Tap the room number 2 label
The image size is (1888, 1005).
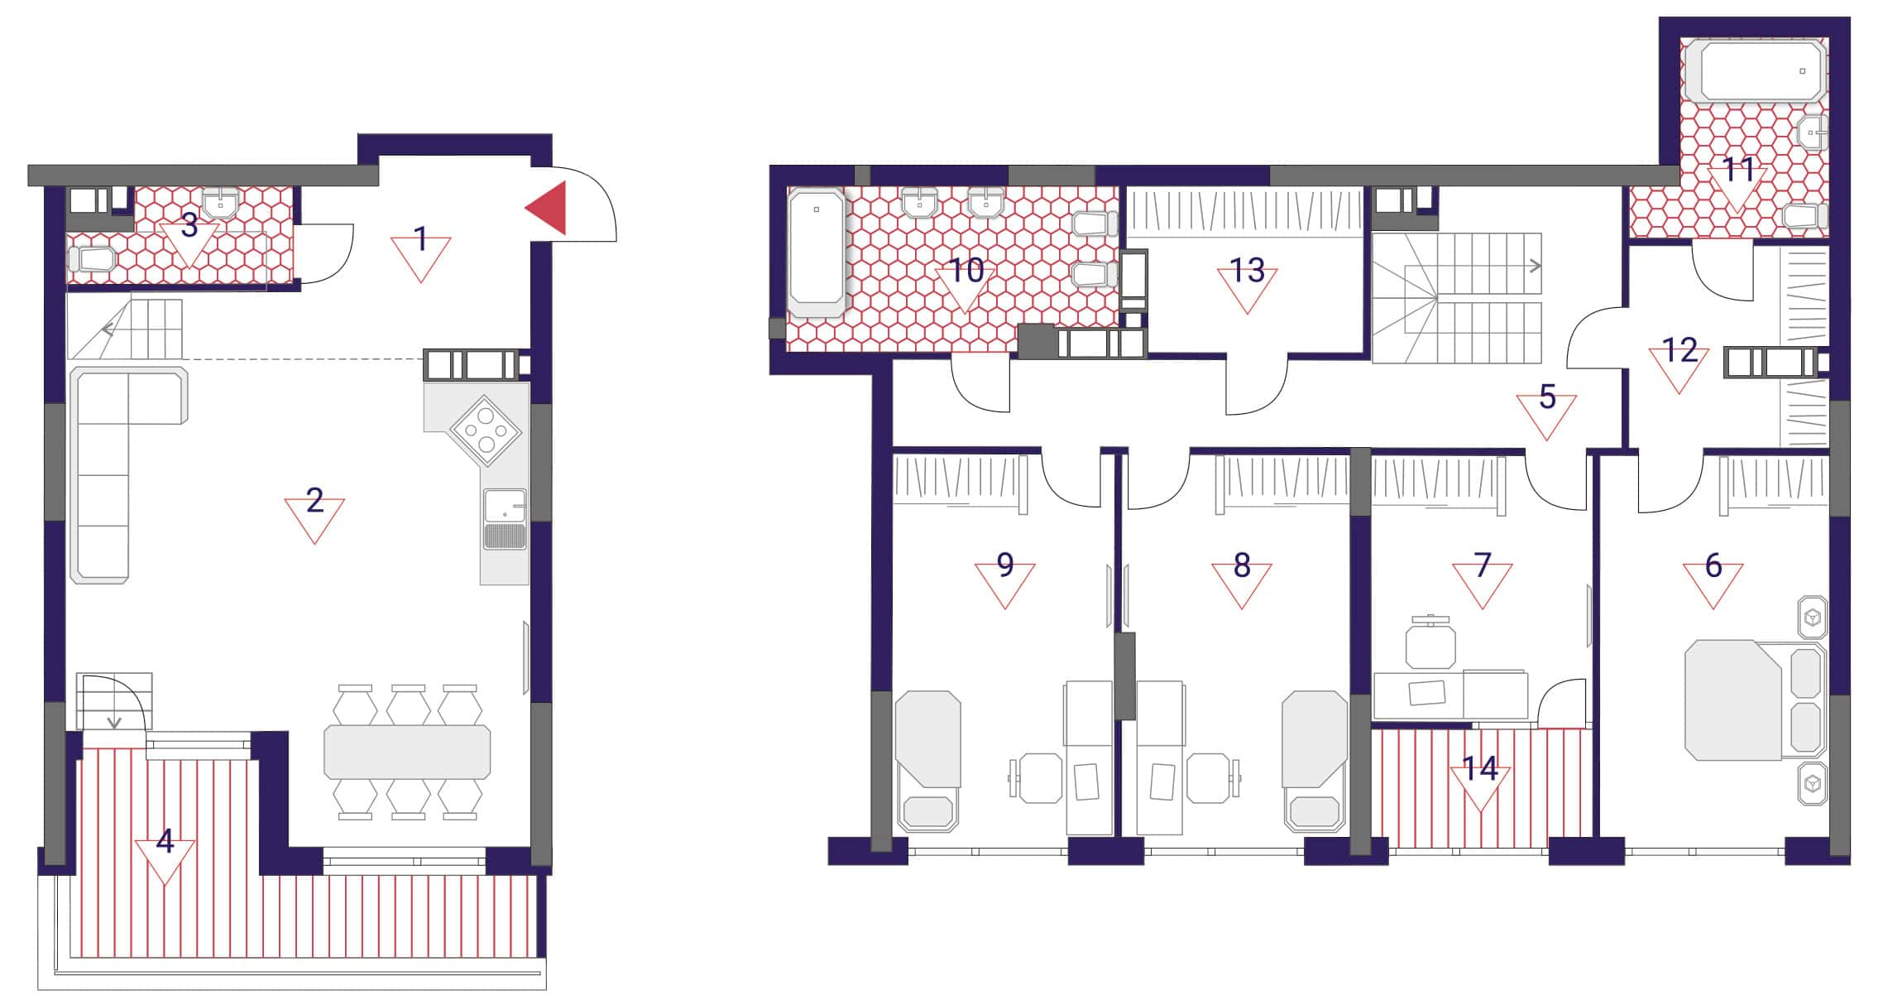pyautogui.click(x=314, y=501)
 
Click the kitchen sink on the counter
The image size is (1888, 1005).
pyautogui.click(x=505, y=519)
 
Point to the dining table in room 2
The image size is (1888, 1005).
pyautogui.click(x=407, y=752)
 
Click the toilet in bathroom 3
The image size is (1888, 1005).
pyautogui.click(x=91, y=259)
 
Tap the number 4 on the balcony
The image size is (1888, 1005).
pyautogui.click(x=165, y=841)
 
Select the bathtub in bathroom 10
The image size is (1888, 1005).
pyautogui.click(x=817, y=252)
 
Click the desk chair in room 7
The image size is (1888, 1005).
pyautogui.click(x=1430, y=642)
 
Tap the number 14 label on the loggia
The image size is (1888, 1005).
pyautogui.click(x=1480, y=769)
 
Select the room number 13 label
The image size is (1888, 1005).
pyautogui.click(x=1248, y=271)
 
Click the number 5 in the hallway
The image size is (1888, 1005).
pyautogui.click(x=1547, y=398)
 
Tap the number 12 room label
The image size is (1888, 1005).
pyautogui.click(x=1680, y=351)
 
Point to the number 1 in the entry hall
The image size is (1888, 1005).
pyautogui.click(x=421, y=240)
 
